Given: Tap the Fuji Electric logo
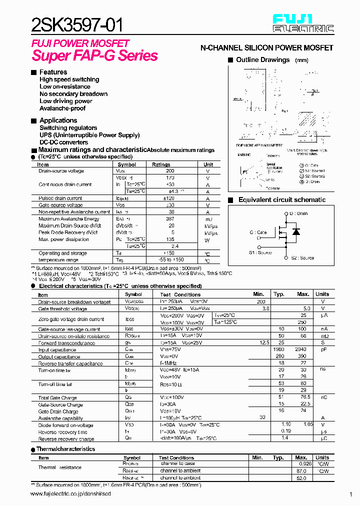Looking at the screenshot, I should click(303, 23).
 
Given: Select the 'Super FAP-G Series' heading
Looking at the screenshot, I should click(95, 55).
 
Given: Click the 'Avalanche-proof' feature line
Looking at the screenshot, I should click(62, 108).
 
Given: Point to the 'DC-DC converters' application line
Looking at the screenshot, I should click(64, 142).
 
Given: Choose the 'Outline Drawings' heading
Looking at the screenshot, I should click(262, 60).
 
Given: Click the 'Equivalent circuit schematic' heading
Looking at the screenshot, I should click(281, 200).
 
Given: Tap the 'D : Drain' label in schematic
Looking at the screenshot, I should click(298, 213).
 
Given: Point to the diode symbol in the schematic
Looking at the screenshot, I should click(296, 232).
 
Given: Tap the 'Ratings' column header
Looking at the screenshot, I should click(161, 164).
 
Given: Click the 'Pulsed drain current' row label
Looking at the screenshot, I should click(60, 198).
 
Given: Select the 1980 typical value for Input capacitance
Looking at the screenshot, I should click(278, 350).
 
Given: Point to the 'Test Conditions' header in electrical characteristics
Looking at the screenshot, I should click(180, 294).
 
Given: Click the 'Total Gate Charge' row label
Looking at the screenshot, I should click(57, 398).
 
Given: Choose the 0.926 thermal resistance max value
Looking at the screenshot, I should click(301, 464).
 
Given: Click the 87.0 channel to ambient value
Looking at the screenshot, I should click(301, 471).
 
